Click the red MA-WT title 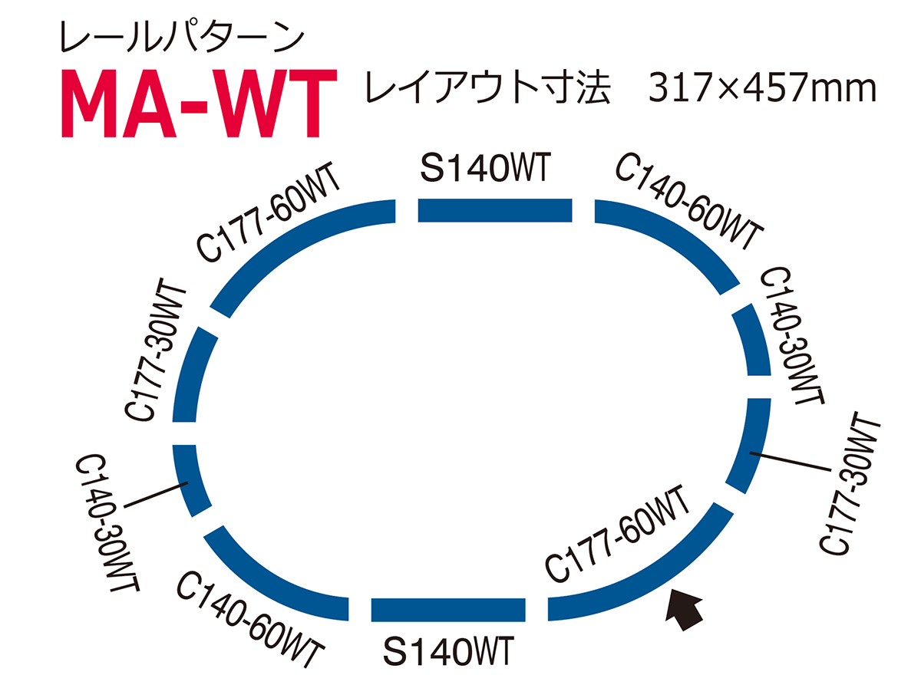pos(199,103)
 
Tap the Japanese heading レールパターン pos(183,38)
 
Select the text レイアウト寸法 pos(488,87)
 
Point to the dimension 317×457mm pos(762,87)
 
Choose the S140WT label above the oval pos(486,168)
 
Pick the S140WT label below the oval pos(448,650)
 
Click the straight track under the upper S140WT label pos(495,210)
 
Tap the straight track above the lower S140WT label pos(448,610)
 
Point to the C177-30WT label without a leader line pos(155,350)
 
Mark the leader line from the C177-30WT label pos(790,462)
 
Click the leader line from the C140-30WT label pos(156,495)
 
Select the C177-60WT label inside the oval pos(617,534)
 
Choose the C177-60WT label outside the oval pos(268,212)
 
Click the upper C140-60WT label pos(689,201)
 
